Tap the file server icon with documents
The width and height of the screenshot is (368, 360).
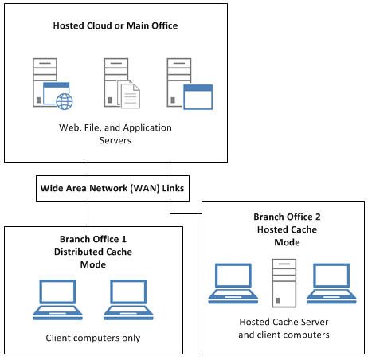coord(119,83)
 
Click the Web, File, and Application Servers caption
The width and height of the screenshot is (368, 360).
coord(115,133)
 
